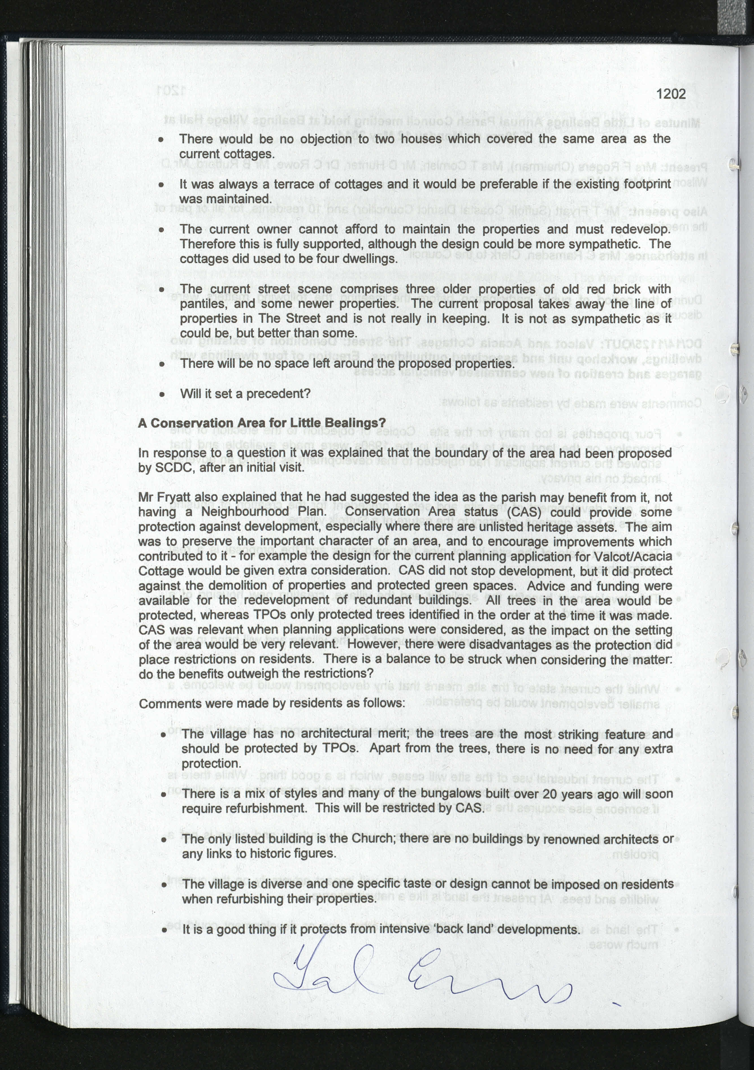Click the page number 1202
click(x=671, y=94)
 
